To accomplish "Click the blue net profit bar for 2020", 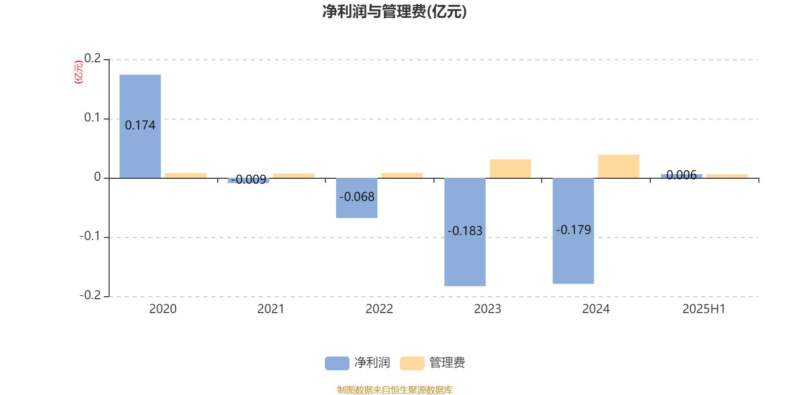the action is point(140,126).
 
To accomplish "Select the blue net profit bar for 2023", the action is point(465,232).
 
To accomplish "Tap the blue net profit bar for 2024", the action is point(573,231).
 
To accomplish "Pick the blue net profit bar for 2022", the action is point(356,198).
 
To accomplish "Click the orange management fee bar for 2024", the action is point(619,166).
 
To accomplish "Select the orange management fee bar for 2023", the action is point(511,168).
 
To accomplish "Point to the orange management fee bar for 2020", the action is point(186,175).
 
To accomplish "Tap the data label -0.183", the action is point(465,231).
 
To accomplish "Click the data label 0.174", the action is point(140,125).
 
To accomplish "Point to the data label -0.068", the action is point(356,197).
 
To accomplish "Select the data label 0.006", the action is point(681,175).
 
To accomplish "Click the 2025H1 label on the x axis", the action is point(704,309).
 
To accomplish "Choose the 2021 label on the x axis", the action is point(271,309).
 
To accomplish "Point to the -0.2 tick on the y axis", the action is point(90,295).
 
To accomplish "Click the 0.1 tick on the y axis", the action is point(92,118).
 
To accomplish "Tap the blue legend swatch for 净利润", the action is point(337,363).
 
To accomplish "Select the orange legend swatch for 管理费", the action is point(412,363).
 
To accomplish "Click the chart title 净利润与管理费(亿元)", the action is point(395,12).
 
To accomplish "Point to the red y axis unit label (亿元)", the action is point(79,72).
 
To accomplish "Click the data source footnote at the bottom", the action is point(395,390).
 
